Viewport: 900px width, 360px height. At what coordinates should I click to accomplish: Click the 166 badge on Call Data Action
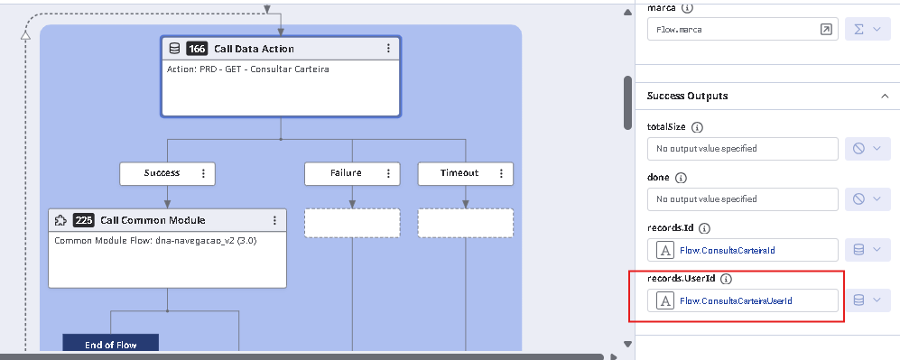(197, 49)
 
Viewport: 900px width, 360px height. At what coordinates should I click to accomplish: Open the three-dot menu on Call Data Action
(388, 48)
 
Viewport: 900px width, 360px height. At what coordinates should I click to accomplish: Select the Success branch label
(162, 173)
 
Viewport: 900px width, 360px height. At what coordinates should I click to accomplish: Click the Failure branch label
(346, 173)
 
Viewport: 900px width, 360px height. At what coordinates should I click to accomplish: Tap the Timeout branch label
(459, 173)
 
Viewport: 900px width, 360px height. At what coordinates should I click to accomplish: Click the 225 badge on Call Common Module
(83, 220)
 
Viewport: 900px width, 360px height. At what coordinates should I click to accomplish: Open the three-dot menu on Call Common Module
(275, 220)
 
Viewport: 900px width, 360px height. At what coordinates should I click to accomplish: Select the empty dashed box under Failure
(352, 223)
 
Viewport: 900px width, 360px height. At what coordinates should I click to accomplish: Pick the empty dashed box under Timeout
(466, 223)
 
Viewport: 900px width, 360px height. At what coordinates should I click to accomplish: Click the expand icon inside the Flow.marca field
(825, 29)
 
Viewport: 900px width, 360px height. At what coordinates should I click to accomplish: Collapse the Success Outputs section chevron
(885, 96)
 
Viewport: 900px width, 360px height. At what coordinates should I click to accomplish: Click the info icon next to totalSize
(697, 126)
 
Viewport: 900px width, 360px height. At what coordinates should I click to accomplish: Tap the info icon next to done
(681, 178)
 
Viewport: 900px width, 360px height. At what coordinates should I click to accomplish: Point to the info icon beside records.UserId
(726, 279)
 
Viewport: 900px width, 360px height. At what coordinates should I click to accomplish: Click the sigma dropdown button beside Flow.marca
(868, 29)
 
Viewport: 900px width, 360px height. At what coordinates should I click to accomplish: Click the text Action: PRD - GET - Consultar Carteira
(248, 69)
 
